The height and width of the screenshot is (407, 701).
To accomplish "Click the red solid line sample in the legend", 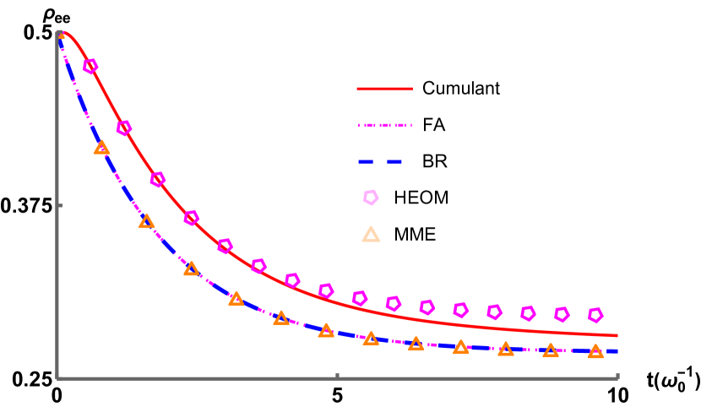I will pos(384,89).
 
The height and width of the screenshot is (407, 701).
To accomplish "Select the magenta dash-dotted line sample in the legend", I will pos(384,125).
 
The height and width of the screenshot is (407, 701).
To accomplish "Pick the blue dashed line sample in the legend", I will pos(379,161).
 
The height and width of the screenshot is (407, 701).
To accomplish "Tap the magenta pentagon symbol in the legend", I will pos(371,198).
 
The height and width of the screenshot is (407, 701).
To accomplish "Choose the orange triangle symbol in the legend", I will pos(371,235).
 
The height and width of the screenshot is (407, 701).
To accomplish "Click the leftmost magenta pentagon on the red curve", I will pos(90,66).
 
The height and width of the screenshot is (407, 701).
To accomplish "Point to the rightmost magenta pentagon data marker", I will pos(595,315).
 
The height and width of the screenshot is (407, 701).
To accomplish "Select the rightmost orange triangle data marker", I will pos(595,351).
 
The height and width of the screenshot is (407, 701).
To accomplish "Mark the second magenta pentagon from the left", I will pos(124,128).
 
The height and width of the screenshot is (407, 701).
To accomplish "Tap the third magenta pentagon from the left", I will pos(158,179).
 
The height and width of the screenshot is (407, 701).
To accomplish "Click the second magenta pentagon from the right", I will pos(562,314).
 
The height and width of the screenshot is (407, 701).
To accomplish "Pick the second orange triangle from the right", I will pos(551,350).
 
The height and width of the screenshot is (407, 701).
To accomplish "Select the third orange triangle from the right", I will pos(506,349).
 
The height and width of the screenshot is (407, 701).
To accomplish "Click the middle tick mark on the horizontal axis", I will pos(337,376).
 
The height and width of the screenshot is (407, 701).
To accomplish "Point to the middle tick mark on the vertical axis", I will pos(59,205).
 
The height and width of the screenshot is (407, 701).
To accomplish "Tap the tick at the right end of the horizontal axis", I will pos(617,376).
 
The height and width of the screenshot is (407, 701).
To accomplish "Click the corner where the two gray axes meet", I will pos(57,378).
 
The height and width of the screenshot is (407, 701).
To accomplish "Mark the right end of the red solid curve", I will pos(617,335).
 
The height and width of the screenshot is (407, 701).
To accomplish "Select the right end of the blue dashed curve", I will pos(617,351).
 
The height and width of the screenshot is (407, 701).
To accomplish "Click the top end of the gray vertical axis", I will pos(57,32).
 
